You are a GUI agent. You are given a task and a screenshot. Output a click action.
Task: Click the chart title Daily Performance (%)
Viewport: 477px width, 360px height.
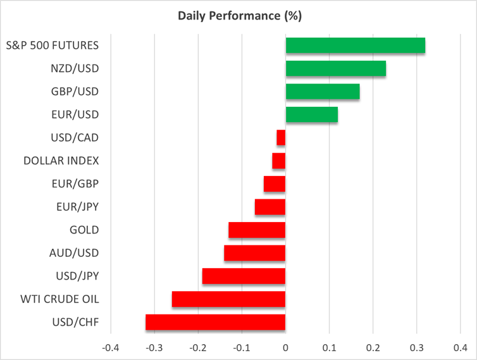click(x=238, y=15)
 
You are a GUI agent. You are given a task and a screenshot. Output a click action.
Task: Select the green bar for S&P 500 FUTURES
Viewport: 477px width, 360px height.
click(x=355, y=46)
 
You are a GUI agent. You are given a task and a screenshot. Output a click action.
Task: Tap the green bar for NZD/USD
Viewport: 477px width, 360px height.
click(x=335, y=68)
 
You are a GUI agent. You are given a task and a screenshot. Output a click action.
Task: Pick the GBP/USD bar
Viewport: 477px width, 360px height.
click(x=323, y=92)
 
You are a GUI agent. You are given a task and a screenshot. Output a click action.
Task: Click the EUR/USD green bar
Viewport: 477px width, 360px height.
click(x=311, y=115)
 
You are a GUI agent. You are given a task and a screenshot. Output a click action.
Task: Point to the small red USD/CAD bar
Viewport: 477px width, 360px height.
click(x=281, y=138)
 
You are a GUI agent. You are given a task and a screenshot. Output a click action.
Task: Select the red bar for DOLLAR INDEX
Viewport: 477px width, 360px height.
click(x=279, y=161)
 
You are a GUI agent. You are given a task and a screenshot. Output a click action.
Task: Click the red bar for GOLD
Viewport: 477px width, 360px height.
click(x=257, y=230)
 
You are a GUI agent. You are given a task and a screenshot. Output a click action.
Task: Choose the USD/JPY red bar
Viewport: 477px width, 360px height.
click(x=244, y=276)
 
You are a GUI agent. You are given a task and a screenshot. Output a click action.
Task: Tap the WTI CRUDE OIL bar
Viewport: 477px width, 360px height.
click(x=228, y=299)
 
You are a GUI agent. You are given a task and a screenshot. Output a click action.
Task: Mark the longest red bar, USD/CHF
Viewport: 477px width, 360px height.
click(x=215, y=322)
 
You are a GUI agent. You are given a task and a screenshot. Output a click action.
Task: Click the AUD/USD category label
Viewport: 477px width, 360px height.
click(x=74, y=253)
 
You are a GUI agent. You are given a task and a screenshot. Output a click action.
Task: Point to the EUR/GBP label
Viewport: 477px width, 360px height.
click(x=76, y=183)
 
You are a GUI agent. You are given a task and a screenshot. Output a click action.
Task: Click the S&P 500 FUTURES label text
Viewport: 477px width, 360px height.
click(x=52, y=46)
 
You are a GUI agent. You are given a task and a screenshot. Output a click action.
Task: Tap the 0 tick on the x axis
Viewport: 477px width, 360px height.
click(x=285, y=347)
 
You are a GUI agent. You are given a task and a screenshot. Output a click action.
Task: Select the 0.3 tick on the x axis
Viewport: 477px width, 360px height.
click(x=416, y=347)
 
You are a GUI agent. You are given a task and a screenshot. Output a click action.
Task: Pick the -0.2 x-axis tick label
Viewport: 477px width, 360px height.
click(x=197, y=347)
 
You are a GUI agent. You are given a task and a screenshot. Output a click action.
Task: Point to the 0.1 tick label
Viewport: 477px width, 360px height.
click(x=329, y=347)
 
